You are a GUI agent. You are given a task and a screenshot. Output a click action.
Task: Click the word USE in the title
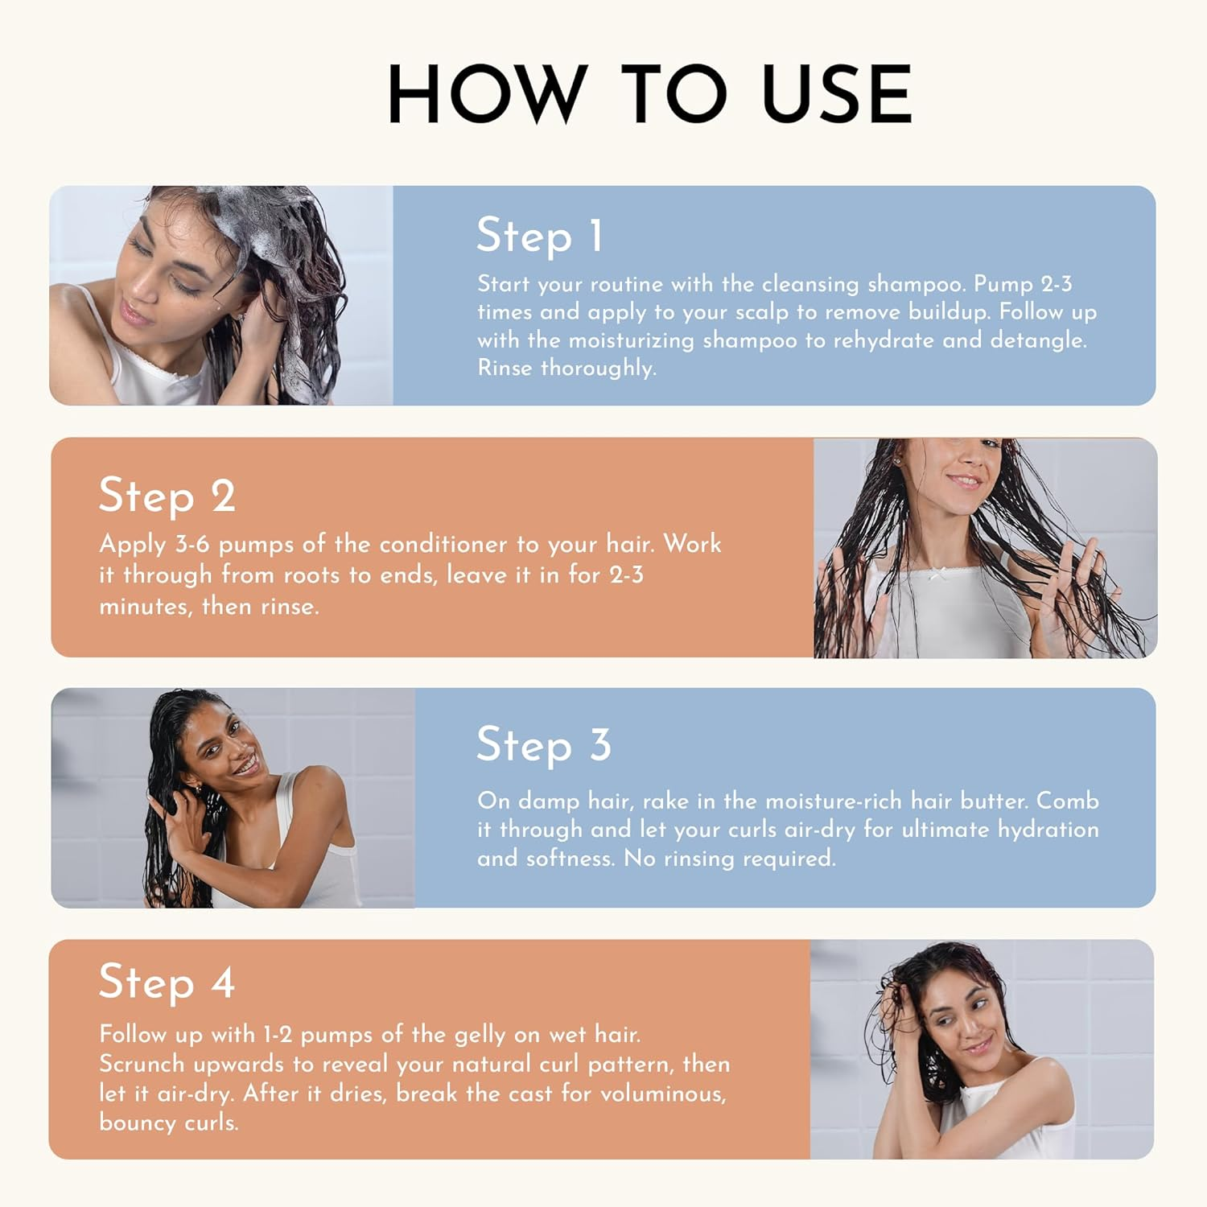(x=836, y=94)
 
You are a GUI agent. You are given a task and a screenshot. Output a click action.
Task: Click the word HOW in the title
(x=486, y=94)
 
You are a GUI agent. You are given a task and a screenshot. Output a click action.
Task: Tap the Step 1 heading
(x=539, y=236)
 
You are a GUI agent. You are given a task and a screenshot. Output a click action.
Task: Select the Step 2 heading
(x=167, y=496)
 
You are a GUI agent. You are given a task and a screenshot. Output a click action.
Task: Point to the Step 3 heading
(x=544, y=744)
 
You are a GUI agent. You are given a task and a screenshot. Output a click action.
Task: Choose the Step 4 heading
(x=167, y=982)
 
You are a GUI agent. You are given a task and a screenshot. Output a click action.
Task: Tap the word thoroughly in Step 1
(x=599, y=369)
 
